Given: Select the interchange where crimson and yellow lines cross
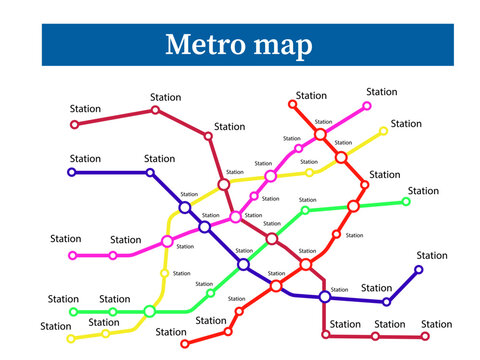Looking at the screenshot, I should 224,184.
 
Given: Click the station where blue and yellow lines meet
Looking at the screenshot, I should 185,207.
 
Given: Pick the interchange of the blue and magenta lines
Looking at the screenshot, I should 204,227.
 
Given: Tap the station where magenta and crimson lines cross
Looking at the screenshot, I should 236,216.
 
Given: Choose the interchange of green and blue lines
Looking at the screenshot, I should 243,264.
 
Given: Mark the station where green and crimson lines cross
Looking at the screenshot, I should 272,238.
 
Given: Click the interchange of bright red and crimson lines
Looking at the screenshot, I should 306,264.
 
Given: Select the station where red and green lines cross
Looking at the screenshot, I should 353,206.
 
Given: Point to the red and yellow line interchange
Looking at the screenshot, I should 341,157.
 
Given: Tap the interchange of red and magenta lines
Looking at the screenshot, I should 320,134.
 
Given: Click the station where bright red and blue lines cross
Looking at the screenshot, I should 276,286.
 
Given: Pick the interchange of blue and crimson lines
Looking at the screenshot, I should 324,297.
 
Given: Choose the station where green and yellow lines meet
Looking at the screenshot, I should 150,311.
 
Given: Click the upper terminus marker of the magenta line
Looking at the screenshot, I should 367,105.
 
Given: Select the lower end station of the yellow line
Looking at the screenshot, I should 71,339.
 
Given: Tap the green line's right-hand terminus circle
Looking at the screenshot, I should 406,202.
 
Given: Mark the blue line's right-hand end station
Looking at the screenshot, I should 419,269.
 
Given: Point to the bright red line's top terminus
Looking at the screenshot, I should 293,103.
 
